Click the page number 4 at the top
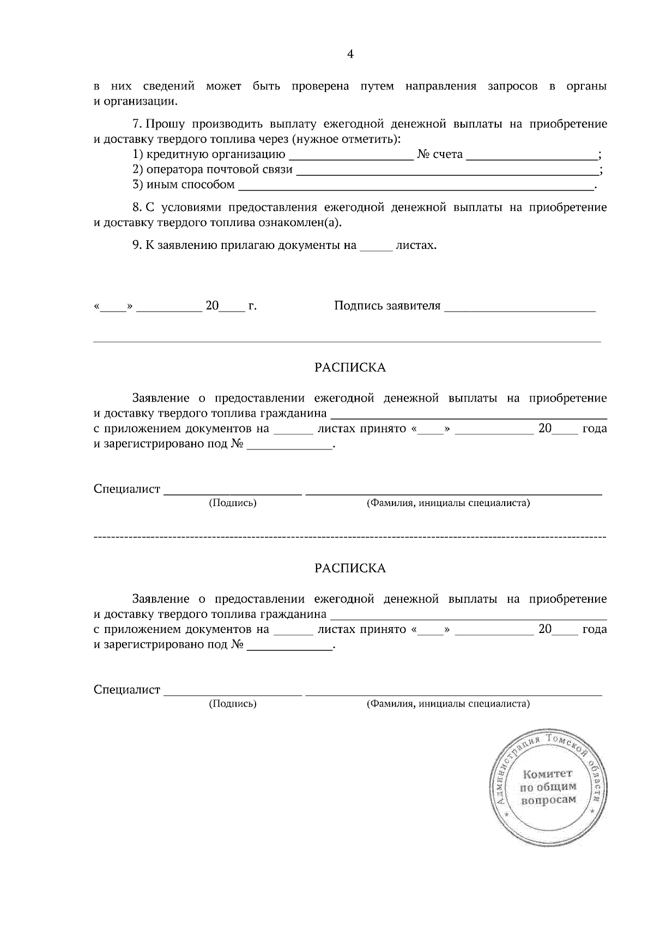350,54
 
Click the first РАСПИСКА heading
350,368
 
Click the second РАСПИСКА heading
350,568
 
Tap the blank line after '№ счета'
532,156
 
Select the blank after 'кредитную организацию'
350,156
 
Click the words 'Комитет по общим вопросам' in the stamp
548,787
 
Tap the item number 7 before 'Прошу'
136,124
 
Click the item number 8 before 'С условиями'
136,208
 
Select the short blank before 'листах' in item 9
376,248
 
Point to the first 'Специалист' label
127,489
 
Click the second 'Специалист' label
127,690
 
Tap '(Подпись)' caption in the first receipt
233,503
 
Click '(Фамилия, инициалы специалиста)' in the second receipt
448,704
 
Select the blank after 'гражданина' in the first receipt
469,416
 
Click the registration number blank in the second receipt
289,649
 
